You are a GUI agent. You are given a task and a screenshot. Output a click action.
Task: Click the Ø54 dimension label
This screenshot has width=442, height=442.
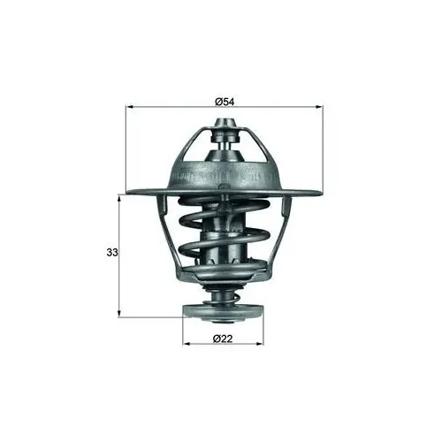(x=225, y=102)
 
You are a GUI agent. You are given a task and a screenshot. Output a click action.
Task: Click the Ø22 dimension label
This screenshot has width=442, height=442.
(x=223, y=339)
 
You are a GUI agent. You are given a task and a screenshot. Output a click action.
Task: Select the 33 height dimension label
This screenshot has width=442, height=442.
(x=112, y=253)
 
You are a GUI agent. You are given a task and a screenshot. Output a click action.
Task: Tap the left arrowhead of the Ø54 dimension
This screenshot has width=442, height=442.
(x=130, y=107)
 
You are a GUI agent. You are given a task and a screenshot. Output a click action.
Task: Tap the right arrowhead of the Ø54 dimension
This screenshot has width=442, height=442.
(x=319, y=107)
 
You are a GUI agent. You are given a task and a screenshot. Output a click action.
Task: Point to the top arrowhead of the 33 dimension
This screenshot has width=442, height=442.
(x=119, y=200)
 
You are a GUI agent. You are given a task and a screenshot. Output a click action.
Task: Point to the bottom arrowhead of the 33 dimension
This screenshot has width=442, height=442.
(x=119, y=314)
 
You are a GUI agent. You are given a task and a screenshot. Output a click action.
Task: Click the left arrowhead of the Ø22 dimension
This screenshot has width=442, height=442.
(x=187, y=344)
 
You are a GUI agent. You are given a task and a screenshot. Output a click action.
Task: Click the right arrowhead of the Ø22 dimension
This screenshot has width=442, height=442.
(x=260, y=344)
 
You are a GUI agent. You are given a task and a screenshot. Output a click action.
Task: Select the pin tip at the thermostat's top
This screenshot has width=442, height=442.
(x=225, y=123)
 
